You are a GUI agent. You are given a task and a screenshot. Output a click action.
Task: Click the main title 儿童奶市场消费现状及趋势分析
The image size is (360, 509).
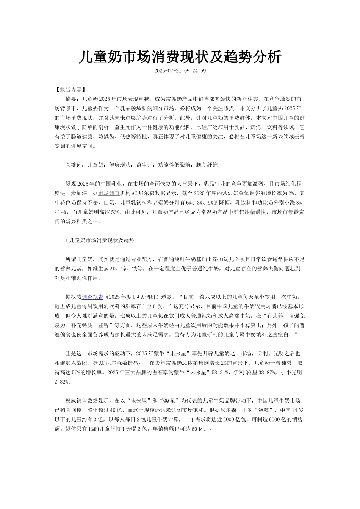click(x=180, y=57)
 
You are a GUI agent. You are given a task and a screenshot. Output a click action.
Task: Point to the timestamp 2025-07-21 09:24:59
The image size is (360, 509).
click(x=180, y=71)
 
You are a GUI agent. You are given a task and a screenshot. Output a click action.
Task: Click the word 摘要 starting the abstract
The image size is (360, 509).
click(x=71, y=99)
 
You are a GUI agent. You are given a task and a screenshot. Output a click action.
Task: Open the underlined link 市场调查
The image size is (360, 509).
click(x=109, y=193)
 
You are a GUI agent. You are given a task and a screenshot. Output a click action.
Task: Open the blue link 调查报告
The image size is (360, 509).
click(x=92, y=297)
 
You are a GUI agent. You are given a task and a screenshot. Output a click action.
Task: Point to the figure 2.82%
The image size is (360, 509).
click(x=62, y=382)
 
